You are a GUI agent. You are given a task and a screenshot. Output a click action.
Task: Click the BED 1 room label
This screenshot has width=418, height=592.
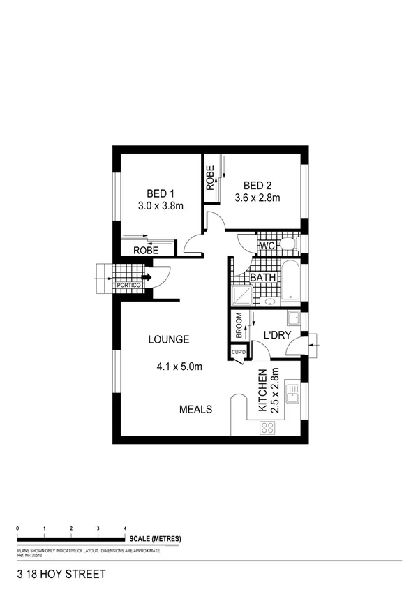160,193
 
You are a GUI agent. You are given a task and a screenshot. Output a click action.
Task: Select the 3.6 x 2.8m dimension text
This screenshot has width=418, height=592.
257,198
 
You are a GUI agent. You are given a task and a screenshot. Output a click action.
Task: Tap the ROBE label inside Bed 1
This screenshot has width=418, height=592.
146,250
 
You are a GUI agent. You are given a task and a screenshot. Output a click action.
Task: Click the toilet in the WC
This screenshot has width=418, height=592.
288,244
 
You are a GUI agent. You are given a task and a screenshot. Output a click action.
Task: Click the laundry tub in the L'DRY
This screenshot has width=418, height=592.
294,319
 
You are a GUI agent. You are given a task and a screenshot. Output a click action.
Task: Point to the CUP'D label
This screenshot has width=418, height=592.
239,353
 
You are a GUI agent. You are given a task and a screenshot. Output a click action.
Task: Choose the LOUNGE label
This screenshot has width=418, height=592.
168,340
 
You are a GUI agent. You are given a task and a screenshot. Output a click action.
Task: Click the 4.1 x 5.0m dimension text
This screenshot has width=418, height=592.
179,366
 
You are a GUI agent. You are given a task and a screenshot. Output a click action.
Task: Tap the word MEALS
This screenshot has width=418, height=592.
195,409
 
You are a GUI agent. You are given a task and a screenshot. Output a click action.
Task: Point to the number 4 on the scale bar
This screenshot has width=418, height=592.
125,528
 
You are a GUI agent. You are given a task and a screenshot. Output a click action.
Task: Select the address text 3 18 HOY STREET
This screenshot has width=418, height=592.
61,575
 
